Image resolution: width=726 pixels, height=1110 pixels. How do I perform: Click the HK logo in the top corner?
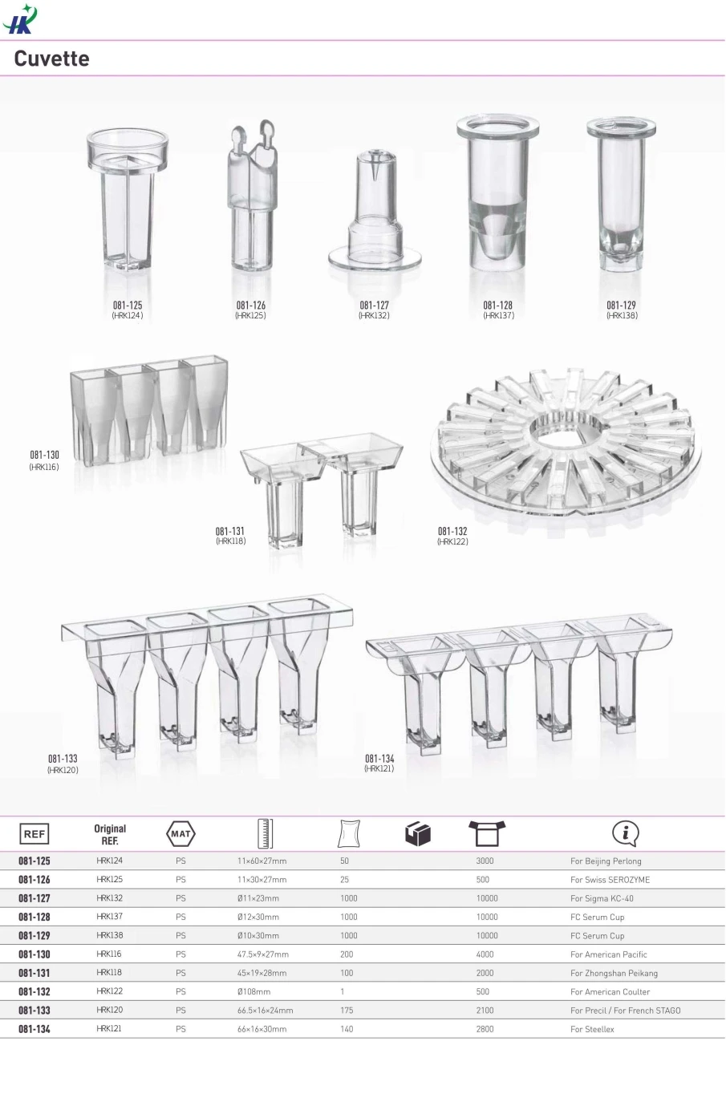pyautogui.click(x=20, y=18)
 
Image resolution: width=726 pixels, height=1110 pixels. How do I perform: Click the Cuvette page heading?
pyautogui.click(x=51, y=59)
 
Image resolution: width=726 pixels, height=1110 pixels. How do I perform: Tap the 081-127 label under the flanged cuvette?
pyautogui.click(x=374, y=306)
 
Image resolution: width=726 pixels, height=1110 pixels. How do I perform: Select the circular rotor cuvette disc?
pyautogui.click(x=566, y=442)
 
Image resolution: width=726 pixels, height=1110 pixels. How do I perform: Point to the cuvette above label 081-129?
pyautogui.click(x=621, y=193)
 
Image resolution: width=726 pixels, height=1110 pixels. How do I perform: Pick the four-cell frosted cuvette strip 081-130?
pyautogui.click(x=149, y=410)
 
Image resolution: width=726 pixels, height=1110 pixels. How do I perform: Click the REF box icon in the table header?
pyautogui.click(x=34, y=833)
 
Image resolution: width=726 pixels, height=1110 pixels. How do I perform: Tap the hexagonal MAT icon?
pyautogui.click(x=180, y=833)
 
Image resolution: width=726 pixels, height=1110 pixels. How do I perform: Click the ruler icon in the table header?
pyautogui.click(x=265, y=833)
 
